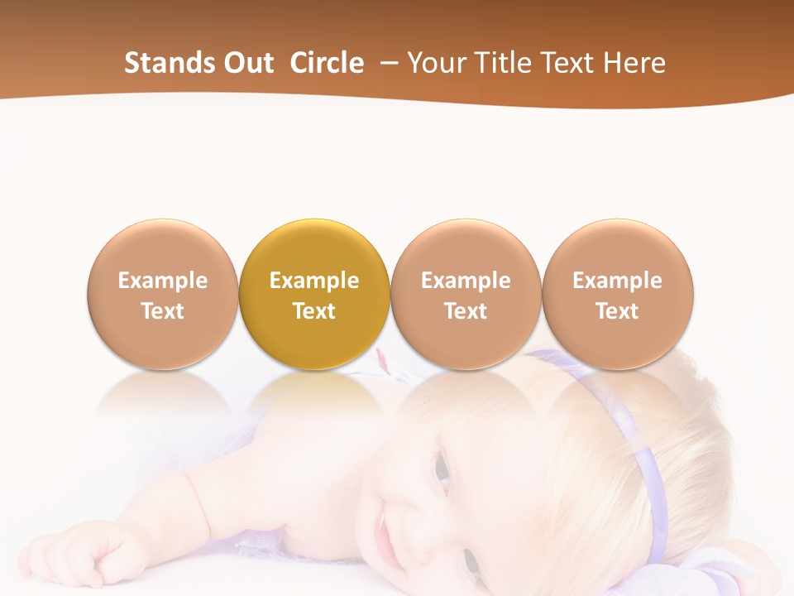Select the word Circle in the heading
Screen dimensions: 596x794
(327, 63)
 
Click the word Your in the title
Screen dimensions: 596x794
(435, 63)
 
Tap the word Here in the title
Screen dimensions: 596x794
(634, 63)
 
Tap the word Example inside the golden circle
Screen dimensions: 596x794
(314, 281)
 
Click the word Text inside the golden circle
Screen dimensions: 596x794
(314, 311)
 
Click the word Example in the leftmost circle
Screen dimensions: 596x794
(163, 281)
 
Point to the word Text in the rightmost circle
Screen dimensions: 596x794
(618, 311)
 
